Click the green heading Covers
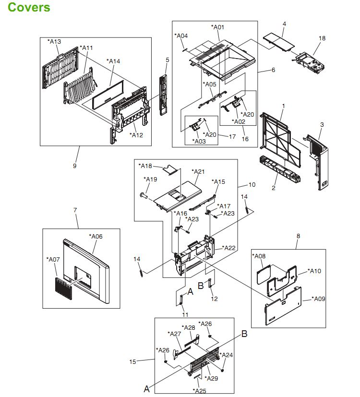[29, 8]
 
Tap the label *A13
[54, 42]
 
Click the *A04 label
[181, 36]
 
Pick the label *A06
[96, 236]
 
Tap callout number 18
[322, 38]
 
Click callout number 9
[74, 166]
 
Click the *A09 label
[317, 299]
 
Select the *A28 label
[189, 327]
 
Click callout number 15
[132, 361]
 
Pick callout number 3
[322, 124]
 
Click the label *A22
[230, 248]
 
